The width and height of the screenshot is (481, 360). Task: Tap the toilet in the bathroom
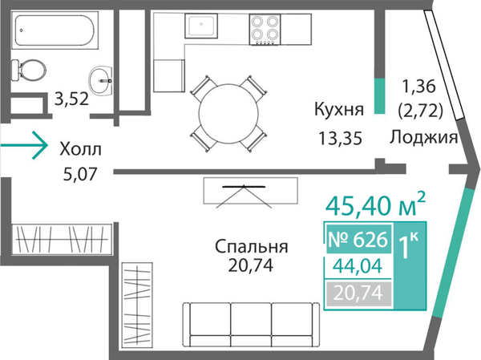pyautogui.click(x=30, y=71)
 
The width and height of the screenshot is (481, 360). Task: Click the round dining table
pyautogui.click(x=228, y=111)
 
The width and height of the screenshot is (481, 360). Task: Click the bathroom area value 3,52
pyautogui.click(x=71, y=100)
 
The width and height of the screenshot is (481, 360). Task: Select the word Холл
pyautogui.click(x=80, y=148)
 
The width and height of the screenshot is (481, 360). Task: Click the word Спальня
pyautogui.click(x=252, y=245)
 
